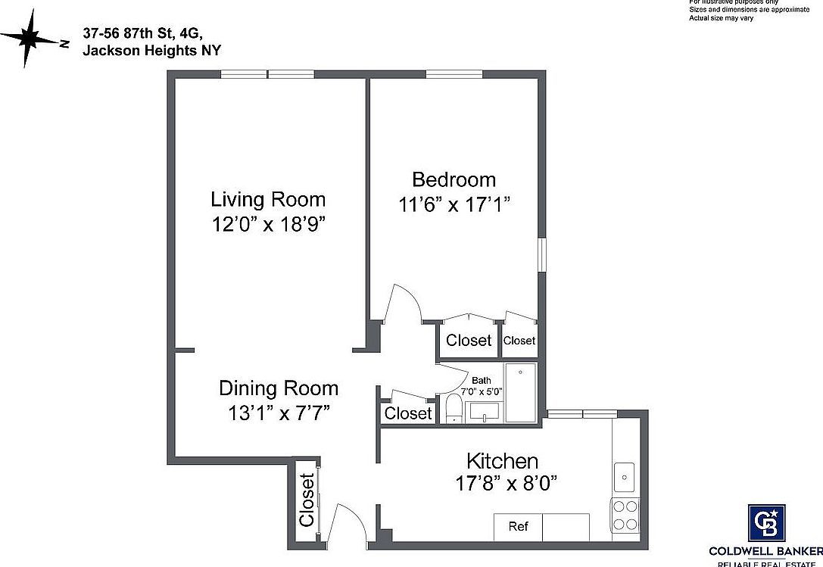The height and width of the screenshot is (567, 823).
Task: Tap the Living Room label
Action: pos(268,200)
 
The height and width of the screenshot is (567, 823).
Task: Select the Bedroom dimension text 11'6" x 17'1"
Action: pos(454,204)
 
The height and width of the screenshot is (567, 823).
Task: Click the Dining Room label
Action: pos(279,388)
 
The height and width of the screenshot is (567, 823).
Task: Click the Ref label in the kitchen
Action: pos(518,527)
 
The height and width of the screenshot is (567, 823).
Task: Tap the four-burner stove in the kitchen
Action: pos(625,516)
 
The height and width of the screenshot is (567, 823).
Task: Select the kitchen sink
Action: pos(625,477)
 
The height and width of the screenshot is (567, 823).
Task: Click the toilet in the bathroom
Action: pos(454,409)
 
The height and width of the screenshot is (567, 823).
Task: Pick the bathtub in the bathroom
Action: pos(521,392)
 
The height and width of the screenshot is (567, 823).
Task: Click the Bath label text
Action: pos(482,380)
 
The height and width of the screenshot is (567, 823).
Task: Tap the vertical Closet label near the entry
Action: pos(307,500)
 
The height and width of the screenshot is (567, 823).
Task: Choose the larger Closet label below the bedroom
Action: pos(469,341)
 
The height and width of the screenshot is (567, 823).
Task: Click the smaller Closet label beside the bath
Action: pos(519,341)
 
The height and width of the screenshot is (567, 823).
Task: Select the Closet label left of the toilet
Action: pos(408,413)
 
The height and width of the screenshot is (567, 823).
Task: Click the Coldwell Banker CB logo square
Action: pos(767,523)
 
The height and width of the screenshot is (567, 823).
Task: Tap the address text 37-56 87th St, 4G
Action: pos(142,34)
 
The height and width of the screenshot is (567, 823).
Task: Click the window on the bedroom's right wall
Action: pos(541,254)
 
